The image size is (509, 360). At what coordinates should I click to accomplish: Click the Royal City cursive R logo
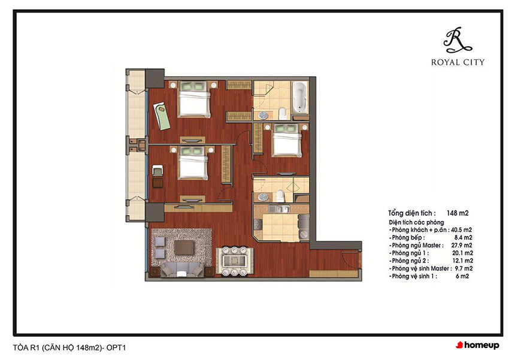458,40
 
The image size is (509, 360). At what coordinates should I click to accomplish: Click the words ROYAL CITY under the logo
458,62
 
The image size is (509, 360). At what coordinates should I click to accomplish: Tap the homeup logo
477,345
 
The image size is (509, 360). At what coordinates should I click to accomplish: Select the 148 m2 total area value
458,213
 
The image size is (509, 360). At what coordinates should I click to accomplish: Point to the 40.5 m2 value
461,230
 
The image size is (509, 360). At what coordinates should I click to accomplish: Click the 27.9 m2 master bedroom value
462,246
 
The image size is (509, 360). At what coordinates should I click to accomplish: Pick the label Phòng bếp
407,238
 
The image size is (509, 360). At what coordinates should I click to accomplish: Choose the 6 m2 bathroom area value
462,276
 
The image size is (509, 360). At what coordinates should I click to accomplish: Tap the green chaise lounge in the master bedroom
162,116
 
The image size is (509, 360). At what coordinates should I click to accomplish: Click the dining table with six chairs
234,261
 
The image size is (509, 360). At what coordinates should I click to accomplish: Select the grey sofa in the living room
182,270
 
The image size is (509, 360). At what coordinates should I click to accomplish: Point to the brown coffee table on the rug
184,247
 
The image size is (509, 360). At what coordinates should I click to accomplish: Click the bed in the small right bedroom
287,140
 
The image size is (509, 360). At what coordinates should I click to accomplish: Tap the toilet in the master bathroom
283,113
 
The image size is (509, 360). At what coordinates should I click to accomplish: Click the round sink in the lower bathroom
263,196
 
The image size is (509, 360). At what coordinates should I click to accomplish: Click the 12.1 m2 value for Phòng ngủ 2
462,261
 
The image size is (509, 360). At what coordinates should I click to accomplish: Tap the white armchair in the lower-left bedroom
157,171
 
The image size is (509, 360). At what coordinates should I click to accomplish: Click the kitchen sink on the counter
278,210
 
